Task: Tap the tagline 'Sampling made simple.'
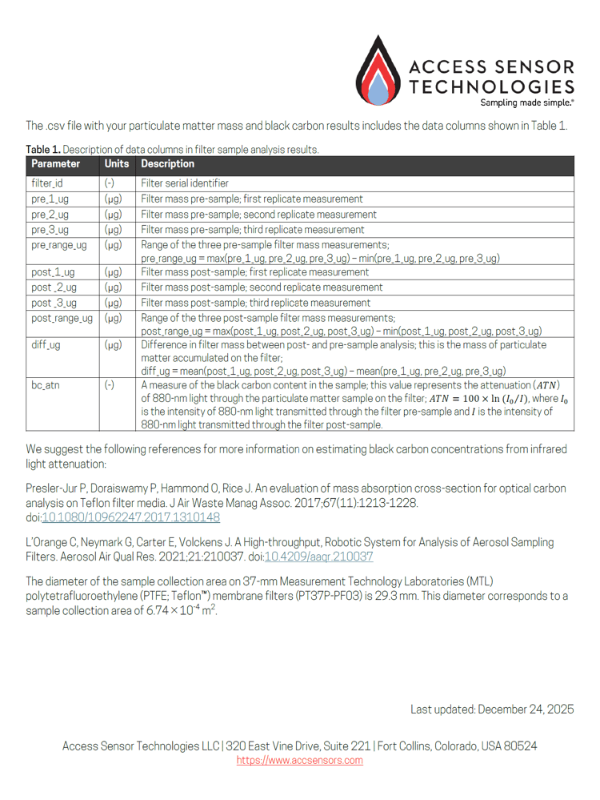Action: click(x=526, y=103)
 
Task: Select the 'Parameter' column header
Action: click(x=55, y=164)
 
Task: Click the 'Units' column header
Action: click(x=117, y=164)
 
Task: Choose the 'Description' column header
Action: click(x=168, y=164)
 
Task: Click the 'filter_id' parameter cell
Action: click(x=47, y=183)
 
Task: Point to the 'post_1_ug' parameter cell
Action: click(x=53, y=273)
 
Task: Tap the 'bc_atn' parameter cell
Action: click(x=46, y=386)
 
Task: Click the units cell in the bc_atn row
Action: click(x=110, y=386)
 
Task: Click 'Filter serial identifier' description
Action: click(x=185, y=183)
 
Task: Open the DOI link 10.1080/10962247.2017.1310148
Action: click(x=130, y=518)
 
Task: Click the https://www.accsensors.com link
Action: click(x=299, y=761)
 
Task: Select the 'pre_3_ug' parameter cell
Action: click(x=50, y=229)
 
